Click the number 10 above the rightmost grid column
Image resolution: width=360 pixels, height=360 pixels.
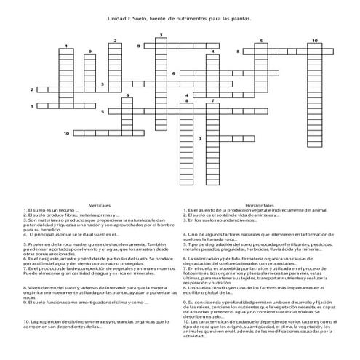coord(314,41)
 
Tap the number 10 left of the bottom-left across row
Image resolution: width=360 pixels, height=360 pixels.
coord(66,134)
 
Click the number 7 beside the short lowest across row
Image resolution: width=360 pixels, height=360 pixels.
coord(200,138)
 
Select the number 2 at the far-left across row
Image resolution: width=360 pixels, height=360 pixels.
coord(32,89)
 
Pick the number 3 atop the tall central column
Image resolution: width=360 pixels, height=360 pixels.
coord(161,35)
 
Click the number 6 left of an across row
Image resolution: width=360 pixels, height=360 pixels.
coord(174,73)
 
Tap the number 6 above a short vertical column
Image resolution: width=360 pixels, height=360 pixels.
coord(128,95)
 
